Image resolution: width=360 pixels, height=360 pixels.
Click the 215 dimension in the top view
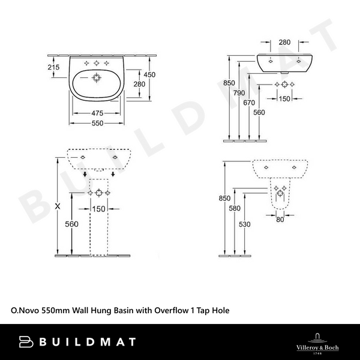tap(53, 68)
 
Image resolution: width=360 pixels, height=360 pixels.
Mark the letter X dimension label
tap(58, 206)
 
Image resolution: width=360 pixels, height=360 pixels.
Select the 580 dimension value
tap(235, 208)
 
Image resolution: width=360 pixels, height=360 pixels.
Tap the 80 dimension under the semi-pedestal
tap(280, 219)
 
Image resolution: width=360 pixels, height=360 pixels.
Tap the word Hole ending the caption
tap(220, 311)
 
